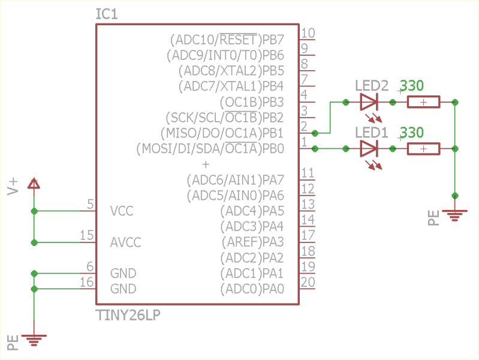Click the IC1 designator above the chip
pos(107,13)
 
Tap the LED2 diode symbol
pos(369,102)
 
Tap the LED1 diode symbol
pos(369,148)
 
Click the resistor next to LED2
pos(423,103)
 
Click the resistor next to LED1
pos(423,148)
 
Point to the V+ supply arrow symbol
pos(34,184)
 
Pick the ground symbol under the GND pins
pos(34,340)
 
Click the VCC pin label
pos(122,211)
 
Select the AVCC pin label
pos(125,242)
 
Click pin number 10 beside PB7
pos(308,34)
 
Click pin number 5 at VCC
pos(91,205)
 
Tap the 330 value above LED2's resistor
pos(412,86)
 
